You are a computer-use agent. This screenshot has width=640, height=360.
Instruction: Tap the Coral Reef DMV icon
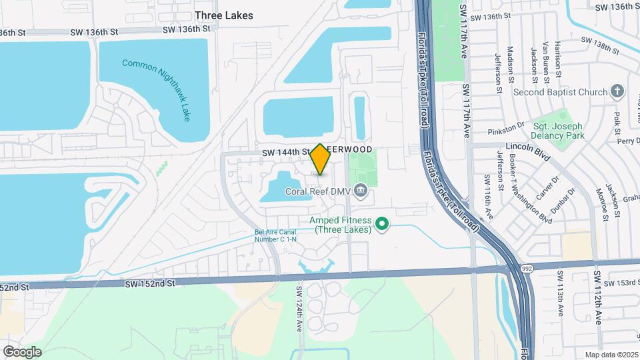361,191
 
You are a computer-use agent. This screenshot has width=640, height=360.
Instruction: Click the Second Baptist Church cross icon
618,91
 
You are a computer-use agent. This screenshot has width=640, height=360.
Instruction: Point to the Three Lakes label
224,15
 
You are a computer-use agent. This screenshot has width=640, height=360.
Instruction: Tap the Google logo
22,351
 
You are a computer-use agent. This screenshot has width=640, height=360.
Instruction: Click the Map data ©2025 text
611,355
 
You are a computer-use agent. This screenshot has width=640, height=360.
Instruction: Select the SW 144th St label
285,152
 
